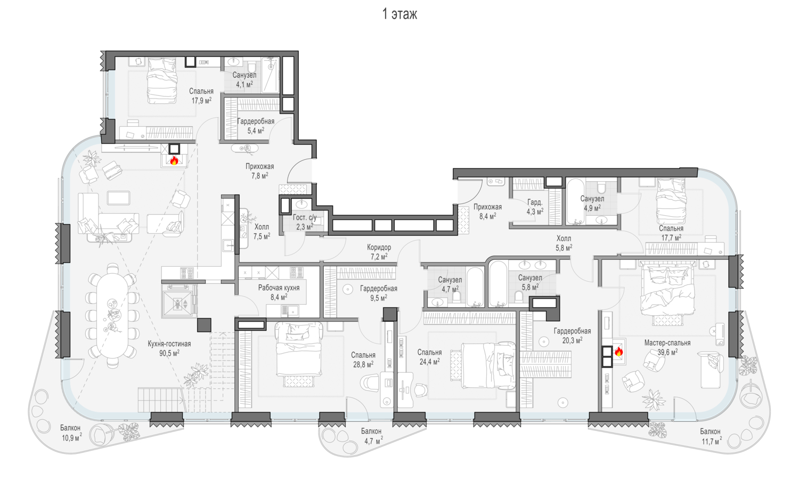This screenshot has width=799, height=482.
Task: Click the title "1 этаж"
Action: (x=399, y=14)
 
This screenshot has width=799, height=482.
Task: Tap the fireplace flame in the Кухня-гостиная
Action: (x=174, y=160)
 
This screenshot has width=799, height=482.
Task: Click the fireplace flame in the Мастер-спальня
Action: (x=619, y=352)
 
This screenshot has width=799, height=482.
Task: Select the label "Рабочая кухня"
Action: (x=279, y=288)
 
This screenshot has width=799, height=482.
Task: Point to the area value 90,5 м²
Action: (x=169, y=353)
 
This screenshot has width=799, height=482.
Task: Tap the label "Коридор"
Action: (x=379, y=247)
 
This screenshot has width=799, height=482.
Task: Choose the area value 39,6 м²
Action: (x=667, y=352)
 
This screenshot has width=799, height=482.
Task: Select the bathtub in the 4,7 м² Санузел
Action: (x=475, y=287)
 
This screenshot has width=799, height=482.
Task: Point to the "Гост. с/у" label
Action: (x=305, y=217)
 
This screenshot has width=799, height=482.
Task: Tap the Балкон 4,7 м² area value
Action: (x=373, y=441)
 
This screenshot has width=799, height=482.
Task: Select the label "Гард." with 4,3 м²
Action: (x=535, y=202)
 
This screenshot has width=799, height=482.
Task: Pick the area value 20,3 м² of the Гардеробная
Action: (x=572, y=340)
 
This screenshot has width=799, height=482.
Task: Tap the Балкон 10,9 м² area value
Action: (x=72, y=437)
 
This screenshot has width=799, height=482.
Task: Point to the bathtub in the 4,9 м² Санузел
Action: (x=575, y=201)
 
